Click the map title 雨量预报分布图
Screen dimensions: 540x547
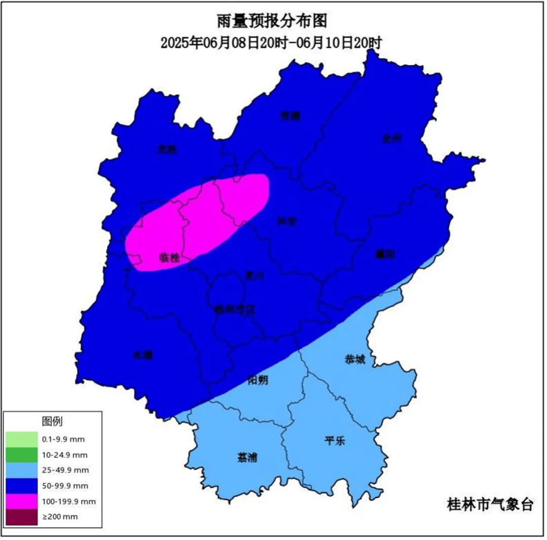pos(271,21)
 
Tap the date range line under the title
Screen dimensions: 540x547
pos(271,43)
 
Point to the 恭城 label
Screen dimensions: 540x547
pos(355,359)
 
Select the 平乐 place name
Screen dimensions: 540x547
pos(334,440)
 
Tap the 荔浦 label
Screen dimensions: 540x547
pos(247,457)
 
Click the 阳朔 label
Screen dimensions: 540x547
pos(258,380)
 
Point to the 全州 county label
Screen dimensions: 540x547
pos(392,137)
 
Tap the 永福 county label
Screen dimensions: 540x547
pos(143,355)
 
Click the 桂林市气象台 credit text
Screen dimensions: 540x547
pos(490,504)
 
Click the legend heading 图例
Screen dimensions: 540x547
pos(52,421)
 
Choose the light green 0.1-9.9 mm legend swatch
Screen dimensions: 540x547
pos(22,439)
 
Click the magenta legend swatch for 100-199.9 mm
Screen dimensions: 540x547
pos(22,501)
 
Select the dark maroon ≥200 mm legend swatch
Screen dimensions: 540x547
pos(22,517)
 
